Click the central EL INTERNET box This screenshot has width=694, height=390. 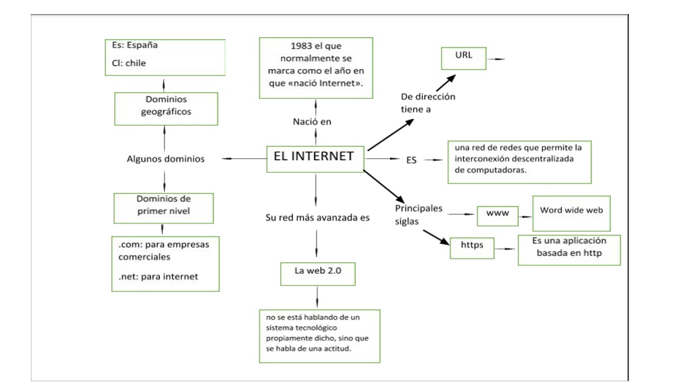[x=315, y=158]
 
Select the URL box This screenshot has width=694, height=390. [x=464, y=58]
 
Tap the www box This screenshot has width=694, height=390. [x=498, y=214]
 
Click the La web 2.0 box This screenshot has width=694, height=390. [x=318, y=274]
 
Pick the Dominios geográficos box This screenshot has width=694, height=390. [x=166, y=108]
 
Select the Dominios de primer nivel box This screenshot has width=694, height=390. [x=164, y=208]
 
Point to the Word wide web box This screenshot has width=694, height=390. [x=571, y=213]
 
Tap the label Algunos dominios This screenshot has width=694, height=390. [x=165, y=159]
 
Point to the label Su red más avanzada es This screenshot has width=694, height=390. [x=317, y=218]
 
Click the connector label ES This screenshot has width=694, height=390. [x=412, y=160]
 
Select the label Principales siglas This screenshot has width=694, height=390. [x=419, y=214]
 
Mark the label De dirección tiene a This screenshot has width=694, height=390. [x=428, y=103]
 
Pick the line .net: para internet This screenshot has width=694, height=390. [x=158, y=277]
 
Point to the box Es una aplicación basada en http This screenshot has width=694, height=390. [x=569, y=250]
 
